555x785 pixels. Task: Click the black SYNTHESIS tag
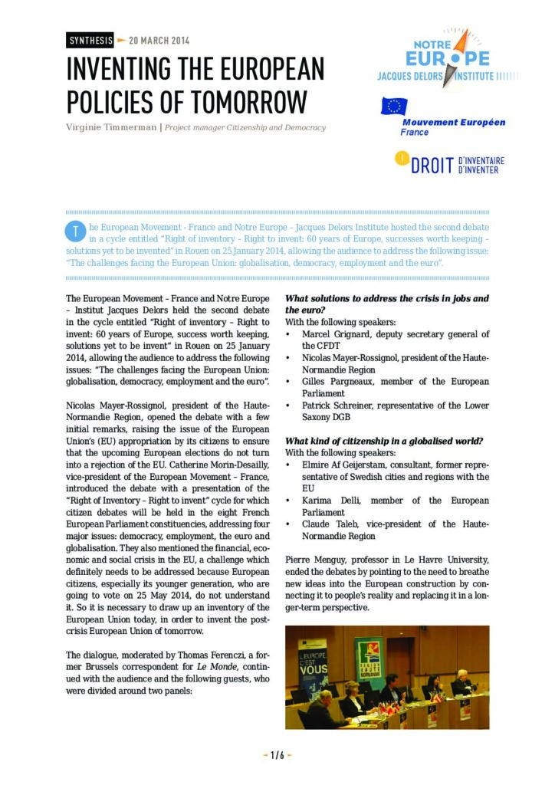(x=90, y=40)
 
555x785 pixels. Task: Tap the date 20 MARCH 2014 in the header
(x=159, y=40)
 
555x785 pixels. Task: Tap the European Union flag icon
(x=393, y=107)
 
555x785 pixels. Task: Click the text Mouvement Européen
(x=454, y=122)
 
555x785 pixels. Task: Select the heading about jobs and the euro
(x=386, y=304)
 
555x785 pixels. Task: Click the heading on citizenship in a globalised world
(x=383, y=441)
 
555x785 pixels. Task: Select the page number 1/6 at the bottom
(x=277, y=755)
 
